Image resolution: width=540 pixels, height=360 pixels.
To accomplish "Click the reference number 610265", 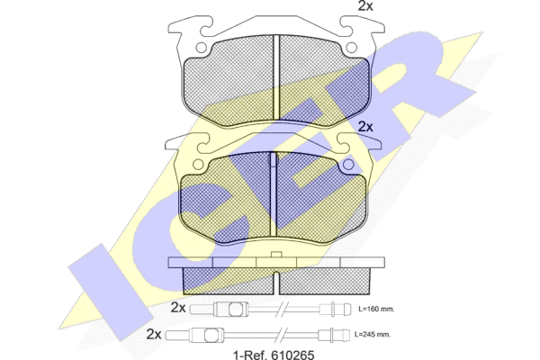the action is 292,355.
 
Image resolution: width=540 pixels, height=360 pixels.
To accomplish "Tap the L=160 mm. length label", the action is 376,309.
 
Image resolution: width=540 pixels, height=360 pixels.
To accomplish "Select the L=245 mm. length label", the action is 373,335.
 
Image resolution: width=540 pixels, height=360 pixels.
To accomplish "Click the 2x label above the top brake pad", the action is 365,6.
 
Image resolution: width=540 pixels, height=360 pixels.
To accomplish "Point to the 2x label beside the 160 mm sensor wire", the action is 178,308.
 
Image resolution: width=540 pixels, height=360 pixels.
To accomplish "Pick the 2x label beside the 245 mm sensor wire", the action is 154,334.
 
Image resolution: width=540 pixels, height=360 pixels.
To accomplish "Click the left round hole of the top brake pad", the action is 201,48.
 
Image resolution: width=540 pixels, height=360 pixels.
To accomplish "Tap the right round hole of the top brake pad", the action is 352,48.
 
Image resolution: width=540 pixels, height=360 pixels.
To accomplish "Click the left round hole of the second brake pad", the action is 198,165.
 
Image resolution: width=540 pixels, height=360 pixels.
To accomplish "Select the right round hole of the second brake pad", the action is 348,165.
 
